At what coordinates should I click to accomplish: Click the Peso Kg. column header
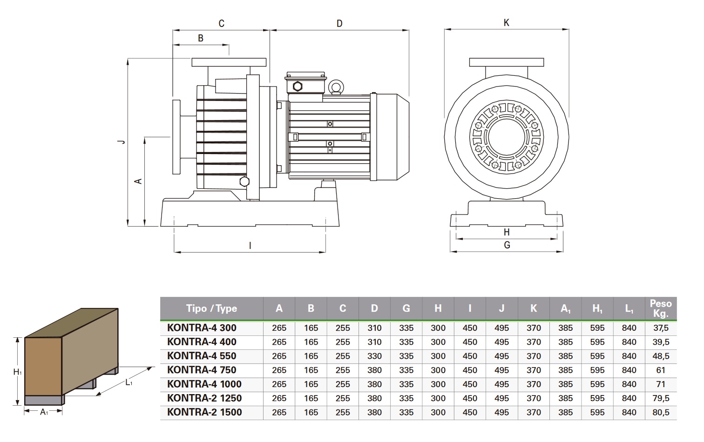[x=661, y=308]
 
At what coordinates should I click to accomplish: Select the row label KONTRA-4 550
[x=202, y=356]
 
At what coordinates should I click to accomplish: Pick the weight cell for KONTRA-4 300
[x=661, y=328]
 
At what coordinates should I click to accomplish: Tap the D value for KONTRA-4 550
[x=374, y=356]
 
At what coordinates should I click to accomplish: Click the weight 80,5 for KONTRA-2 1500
[x=661, y=412]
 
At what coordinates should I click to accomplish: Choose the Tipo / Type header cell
[x=211, y=308]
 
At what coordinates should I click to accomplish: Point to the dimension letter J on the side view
[x=122, y=141]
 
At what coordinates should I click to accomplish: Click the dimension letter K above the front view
[x=507, y=23]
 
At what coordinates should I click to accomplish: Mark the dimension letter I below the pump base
[x=250, y=246]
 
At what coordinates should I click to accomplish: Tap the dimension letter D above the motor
[x=339, y=23]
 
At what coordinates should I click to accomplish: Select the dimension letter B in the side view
[x=201, y=38]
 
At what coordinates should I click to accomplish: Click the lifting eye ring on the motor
[x=336, y=87]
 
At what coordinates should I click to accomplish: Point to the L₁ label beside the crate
[x=129, y=382]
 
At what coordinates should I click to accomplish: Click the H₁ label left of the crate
[x=17, y=372]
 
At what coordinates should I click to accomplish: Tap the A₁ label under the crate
[x=44, y=412]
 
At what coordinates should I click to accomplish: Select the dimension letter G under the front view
[x=507, y=245]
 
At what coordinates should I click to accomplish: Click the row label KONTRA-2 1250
[x=204, y=398]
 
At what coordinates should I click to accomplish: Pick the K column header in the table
[x=534, y=308]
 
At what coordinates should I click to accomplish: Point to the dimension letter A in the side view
[x=138, y=181]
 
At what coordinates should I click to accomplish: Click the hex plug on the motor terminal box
[x=298, y=87]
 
